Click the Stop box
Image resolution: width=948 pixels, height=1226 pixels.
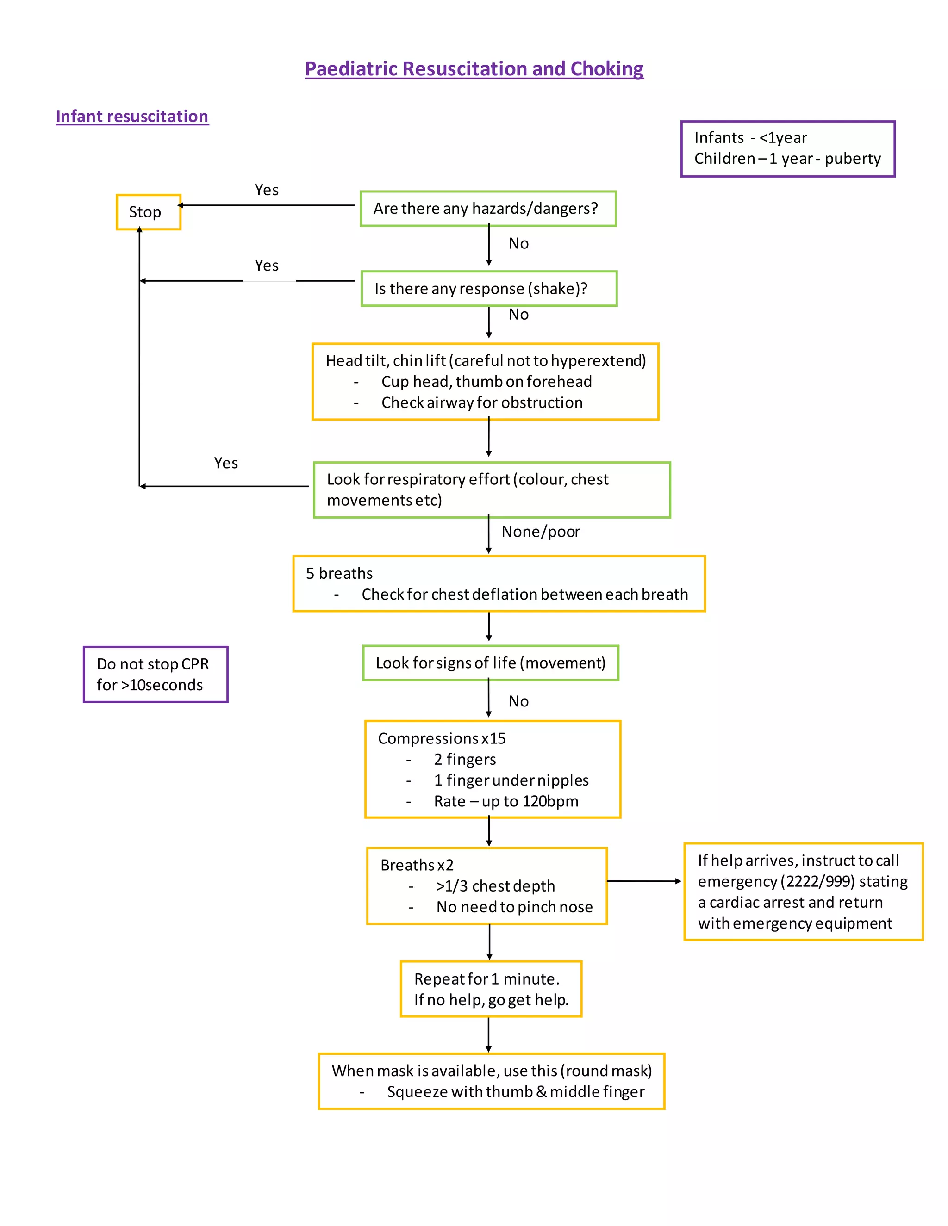[x=148, y=212]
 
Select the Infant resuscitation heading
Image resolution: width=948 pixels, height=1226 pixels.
[x=132, y=116]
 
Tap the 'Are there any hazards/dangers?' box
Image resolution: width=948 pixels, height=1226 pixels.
[x=487, y=209]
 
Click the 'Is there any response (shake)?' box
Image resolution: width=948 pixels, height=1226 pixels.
[x=489, y=289]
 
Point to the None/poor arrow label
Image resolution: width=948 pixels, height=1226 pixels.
[x=540, y=532]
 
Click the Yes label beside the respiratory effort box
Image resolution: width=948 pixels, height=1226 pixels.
[x=226, y=463]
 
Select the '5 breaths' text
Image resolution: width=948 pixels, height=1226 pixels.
[x=339, y=573]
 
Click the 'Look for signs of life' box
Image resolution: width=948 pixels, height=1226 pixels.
[x=490, y=663]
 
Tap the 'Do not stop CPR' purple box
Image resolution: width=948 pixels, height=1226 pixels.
[x=156, y=674]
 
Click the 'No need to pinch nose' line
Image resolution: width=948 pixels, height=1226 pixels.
[x=514, y=907]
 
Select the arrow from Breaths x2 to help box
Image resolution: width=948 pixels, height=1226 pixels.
[x=643, y=881]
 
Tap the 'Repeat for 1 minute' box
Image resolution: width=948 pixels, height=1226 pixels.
[x=491, y=989]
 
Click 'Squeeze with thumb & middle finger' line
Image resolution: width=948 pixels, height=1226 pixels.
[x=515, y=1092]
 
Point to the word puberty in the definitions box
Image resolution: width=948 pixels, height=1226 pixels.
[x=853, y=159]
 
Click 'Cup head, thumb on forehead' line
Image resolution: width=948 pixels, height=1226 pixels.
[x=486, y=382]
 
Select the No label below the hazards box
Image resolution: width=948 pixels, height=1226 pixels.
[x=518, y=244]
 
